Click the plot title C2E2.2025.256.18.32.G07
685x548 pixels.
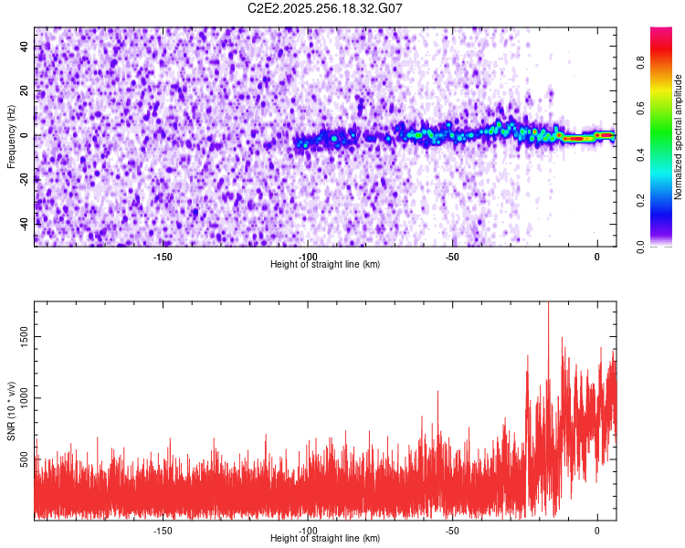coord(325,8)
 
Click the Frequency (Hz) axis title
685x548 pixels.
coord(11,135)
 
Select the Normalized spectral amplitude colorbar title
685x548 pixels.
coord(679,137)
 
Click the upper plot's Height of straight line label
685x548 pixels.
coord(325,264)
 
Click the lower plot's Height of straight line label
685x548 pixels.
coord(325,538)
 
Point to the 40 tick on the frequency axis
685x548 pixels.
coord(25,47)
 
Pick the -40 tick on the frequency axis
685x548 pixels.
coord(25,223)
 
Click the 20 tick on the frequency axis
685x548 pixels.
coord(25,91)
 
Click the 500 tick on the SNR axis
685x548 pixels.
coord(25,460)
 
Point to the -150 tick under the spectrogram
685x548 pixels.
coord(163,257)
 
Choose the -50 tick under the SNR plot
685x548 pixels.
coord(452,531)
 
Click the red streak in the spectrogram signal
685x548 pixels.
coord(575,139)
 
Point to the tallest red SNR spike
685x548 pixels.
coord(548,306)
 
